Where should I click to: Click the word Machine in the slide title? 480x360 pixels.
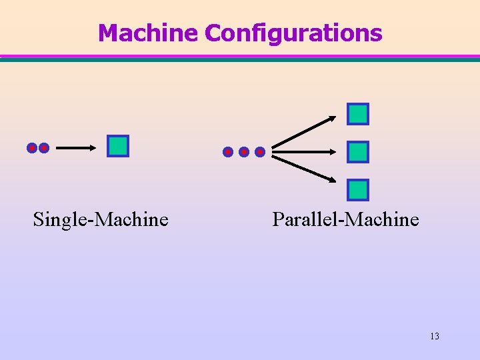point(149,33)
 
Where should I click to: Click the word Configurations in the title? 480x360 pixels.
point(294,33)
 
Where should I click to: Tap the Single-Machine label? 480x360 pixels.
point(101,219)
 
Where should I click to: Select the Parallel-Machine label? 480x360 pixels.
point(345,219)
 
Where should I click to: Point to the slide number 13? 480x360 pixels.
point(435,336)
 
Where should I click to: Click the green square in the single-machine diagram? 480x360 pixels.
point(118,146)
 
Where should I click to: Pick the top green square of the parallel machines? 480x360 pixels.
point(358,114)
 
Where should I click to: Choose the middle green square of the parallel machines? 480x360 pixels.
point(358,152)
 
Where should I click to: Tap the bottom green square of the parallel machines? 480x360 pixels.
point(358,190)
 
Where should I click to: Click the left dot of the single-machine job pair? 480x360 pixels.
point(32,147)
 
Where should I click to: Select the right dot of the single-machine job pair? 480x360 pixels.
point(44,147)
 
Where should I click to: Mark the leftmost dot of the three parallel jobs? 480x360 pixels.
point(228,152)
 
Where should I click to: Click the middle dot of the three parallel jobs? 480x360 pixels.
point(244,152)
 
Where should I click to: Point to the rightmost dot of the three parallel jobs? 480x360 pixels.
point(260,152)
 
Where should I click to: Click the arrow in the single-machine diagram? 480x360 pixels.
point(75,148)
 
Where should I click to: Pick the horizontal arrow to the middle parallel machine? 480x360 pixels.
point(305,152)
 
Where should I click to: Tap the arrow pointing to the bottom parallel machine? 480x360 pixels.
point(305,169)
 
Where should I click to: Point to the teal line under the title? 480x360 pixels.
point(240,59)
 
